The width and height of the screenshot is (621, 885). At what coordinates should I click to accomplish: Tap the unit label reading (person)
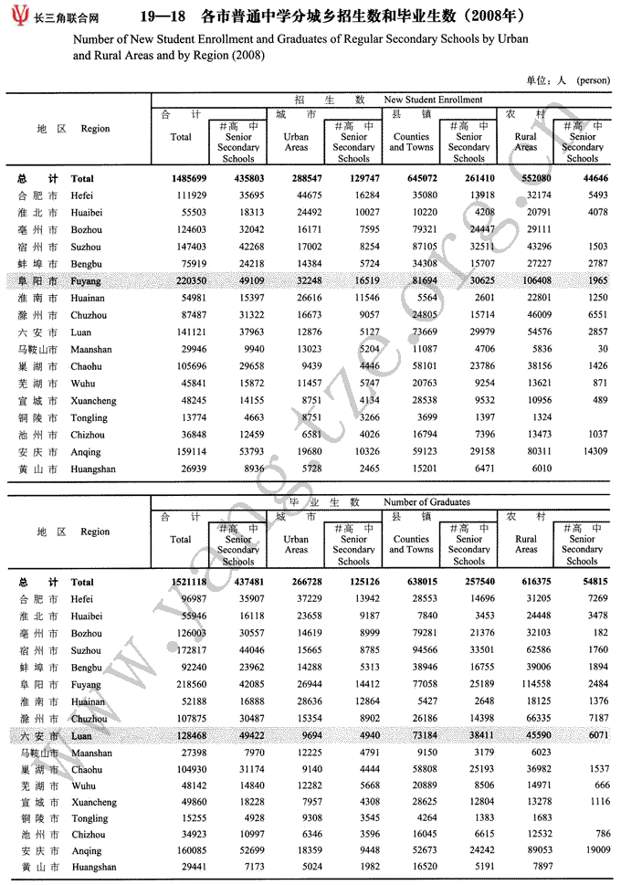pyautogui.click(x=594, y=80)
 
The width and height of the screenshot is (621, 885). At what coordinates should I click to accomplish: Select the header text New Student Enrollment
pyautogui.click(x=433, y=100)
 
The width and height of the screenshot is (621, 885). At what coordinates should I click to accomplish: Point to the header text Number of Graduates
pyautogui.click(x=426, y=502)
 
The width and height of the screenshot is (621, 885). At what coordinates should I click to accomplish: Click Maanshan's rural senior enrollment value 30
pyautogui.click(x=601, y=350)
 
